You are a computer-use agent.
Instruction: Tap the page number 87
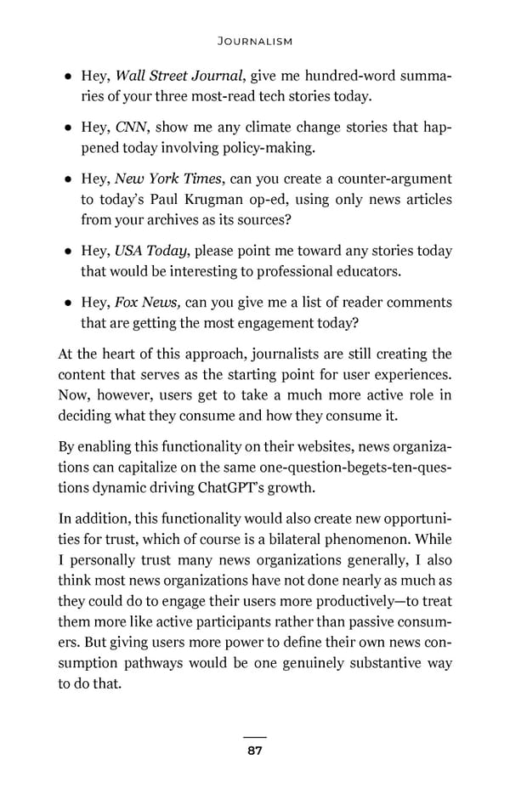click(x=254, y=751)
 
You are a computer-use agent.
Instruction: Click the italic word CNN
click(x=132, y=128)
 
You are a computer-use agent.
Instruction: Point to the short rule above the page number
click(x=254, y=737)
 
